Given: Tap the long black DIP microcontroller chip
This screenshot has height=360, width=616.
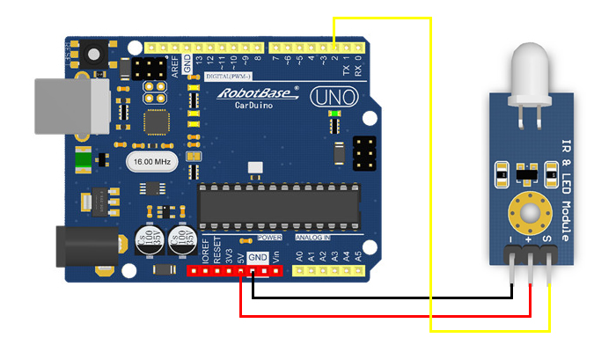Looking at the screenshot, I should [x=278, y=203].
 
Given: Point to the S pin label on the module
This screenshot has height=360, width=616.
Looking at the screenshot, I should [x=546, y=238].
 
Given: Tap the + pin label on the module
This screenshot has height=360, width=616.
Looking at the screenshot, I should [x=529, y=238].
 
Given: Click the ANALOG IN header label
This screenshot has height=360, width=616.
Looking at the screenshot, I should [x=313, y=238].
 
